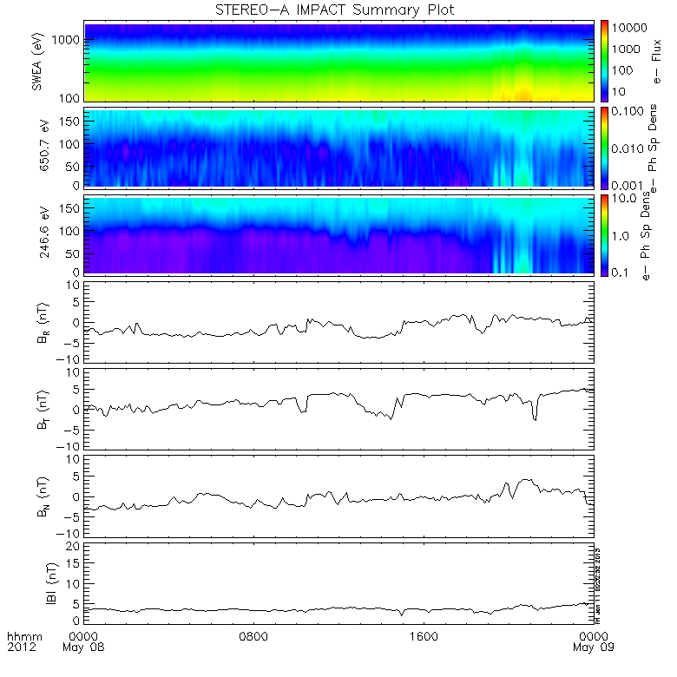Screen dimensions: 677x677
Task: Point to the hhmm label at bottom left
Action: (21, 637)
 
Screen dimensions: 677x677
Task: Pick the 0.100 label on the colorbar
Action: (631, 113)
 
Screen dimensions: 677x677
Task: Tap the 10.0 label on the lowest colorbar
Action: (628, 200)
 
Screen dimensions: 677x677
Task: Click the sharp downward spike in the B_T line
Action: (535, 420)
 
